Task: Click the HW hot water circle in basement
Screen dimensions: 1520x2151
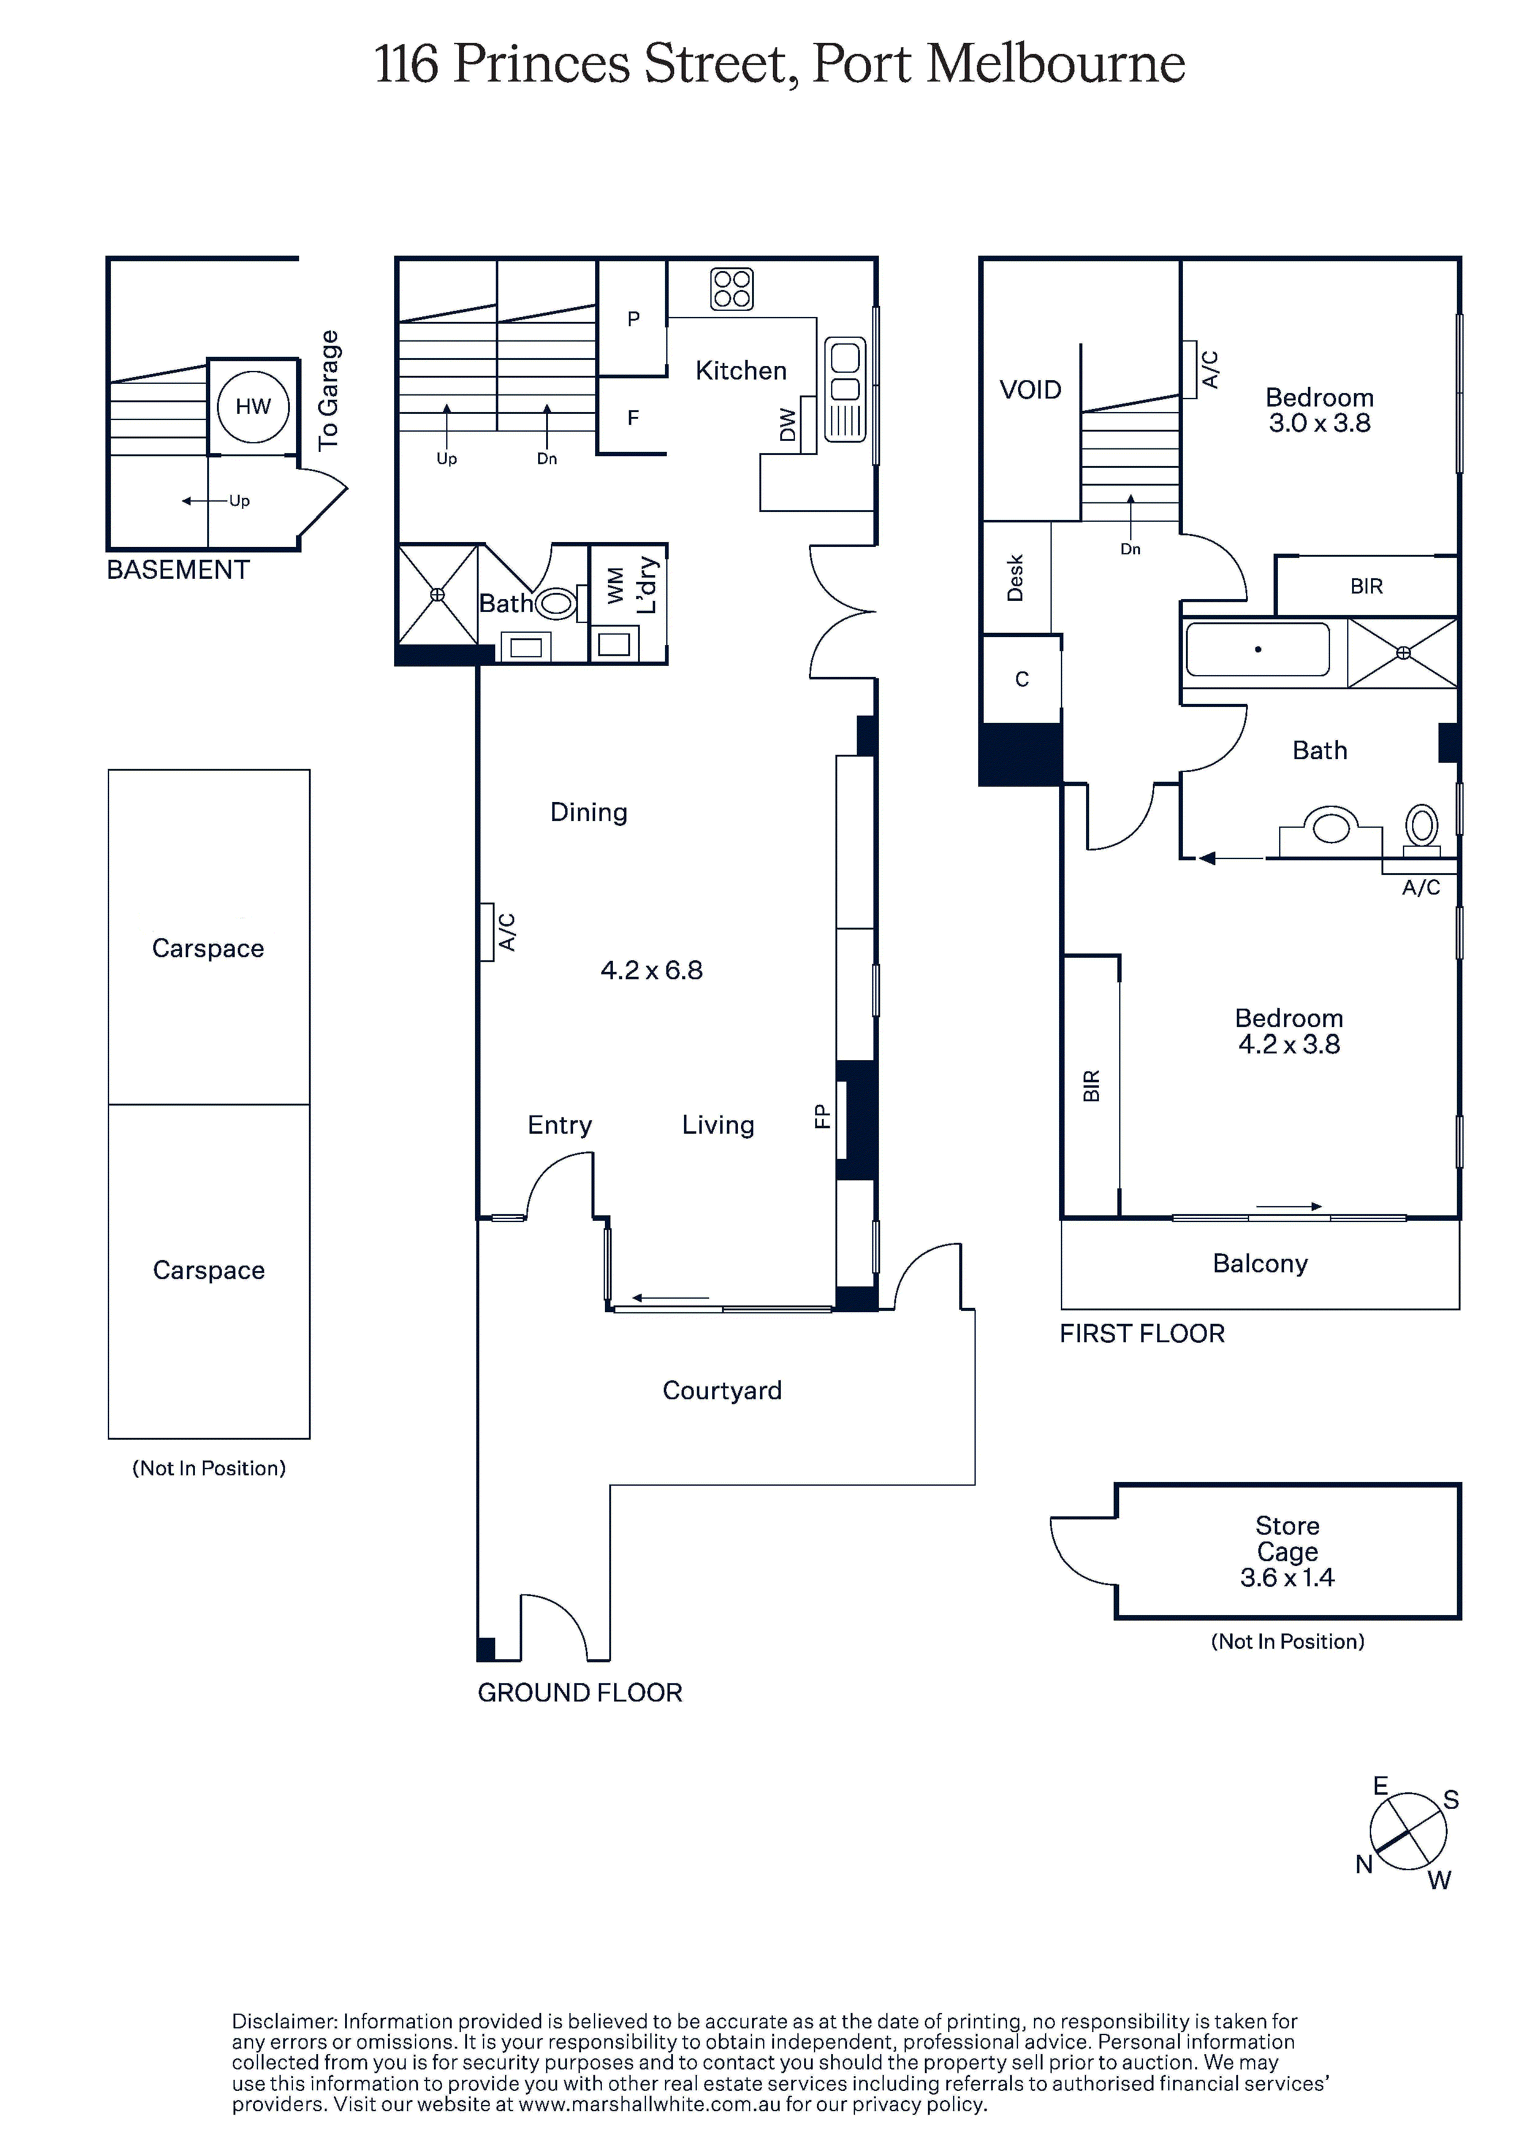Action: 253,407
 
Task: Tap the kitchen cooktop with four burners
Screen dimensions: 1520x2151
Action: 731,289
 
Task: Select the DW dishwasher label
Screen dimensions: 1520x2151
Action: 788,426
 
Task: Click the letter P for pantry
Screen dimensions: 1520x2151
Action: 634,318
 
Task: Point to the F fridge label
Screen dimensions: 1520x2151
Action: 633,418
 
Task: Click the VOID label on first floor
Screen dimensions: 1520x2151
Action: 1030,390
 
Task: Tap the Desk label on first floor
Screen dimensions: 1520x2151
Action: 1015,578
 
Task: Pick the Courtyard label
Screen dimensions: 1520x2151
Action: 722,1390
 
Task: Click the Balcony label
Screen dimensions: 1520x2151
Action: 1261,1264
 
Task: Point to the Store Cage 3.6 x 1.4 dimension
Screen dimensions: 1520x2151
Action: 1288,1578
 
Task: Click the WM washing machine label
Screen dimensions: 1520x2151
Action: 614,586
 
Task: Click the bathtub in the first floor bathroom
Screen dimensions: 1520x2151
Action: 1258,649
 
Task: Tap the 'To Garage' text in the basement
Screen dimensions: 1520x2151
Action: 328,391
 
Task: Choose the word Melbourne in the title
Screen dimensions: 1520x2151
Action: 1057,64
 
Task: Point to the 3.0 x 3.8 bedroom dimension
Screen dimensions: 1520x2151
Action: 1320,424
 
